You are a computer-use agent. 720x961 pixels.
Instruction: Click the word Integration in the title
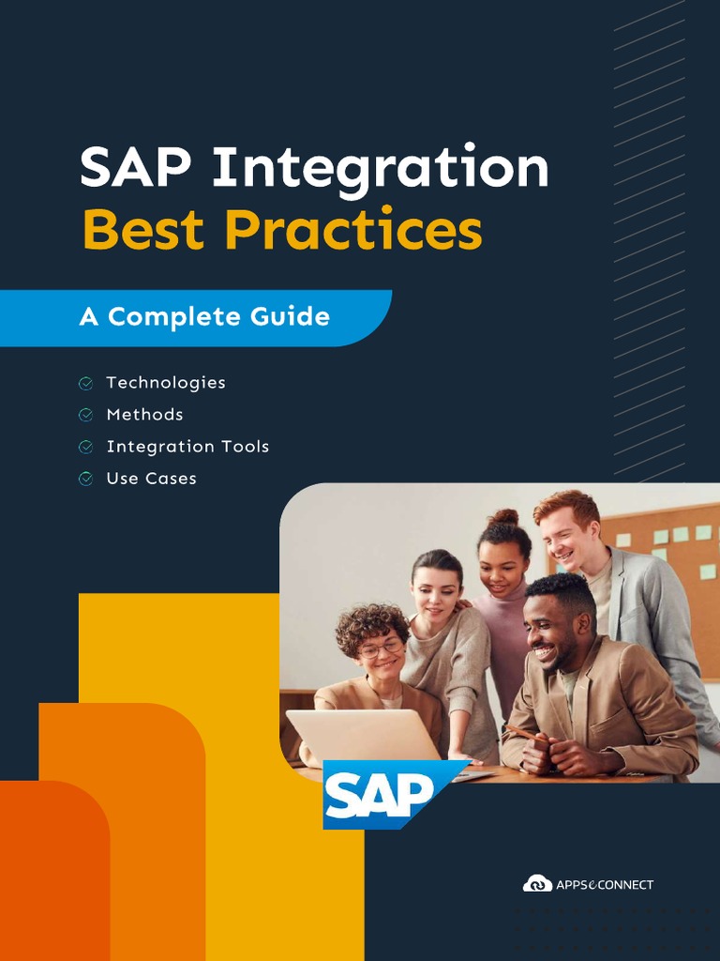coord(380,169)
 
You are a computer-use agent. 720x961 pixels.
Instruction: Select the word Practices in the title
coord(353,230)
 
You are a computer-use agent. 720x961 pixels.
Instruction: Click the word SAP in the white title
coord(136,169)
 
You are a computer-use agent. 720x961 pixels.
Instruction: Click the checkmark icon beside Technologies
coord(85,383)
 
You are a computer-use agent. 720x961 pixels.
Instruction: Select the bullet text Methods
coord(144,415)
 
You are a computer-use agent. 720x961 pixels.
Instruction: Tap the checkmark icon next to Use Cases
coord(85,479)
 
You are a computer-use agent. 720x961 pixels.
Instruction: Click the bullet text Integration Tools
coord(187,447)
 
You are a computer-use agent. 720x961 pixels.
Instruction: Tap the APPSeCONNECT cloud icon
coord(537,884)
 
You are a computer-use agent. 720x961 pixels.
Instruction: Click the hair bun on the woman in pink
coord(503,517)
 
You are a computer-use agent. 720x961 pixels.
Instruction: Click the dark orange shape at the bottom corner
coord(52,873)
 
